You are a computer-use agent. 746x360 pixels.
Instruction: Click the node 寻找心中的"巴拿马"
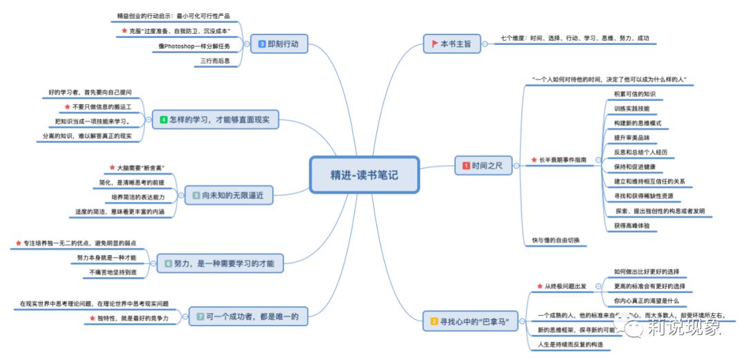click(x=474, y=321)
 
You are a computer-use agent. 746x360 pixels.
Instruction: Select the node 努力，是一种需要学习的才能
click(x=219, y=263)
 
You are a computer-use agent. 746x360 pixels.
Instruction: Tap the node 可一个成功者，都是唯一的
click(x=248, y=317)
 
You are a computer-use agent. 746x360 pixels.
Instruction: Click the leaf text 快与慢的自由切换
click(x=555, y=240)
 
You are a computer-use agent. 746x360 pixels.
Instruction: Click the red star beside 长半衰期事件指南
click(x=533, y=160)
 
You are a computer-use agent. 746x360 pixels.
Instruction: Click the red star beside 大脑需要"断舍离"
click(x=113, y=168)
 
